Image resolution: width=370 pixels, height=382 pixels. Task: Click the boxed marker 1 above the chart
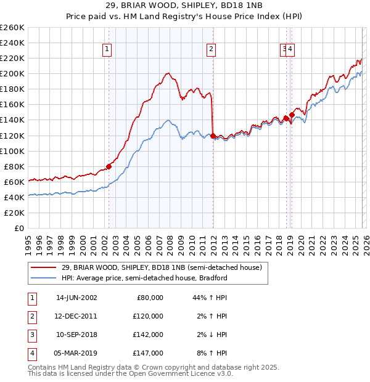[107, 50]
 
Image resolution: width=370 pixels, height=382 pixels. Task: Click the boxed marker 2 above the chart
[212, 50]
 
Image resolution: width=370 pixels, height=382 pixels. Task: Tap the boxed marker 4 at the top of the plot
[290, 50]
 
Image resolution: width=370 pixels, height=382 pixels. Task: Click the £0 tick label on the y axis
[18, 228]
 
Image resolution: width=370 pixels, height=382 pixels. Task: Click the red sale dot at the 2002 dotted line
[109, 166]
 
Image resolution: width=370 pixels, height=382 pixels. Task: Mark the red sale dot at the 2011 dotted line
[213, 136]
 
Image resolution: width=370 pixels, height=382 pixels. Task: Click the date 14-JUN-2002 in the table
[76, 298]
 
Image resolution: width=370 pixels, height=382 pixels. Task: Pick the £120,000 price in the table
[148, 316]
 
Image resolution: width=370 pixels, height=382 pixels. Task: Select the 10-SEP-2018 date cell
[76, 335]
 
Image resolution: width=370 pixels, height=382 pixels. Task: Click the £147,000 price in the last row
[148, 353]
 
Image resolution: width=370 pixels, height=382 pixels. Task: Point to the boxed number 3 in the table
[31, 335]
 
